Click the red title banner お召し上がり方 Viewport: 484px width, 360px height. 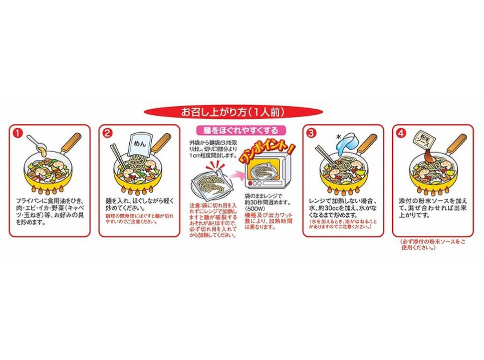click(x=242, y=111)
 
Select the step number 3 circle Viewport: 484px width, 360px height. click(x=311, y=133)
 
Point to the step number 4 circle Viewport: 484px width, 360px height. click(x=401, y=133)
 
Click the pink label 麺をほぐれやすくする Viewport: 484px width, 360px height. click(x=241, y=131)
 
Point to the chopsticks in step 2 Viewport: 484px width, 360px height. click(x=119, y=159)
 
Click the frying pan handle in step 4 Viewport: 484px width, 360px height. click(x=457, y=144)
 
